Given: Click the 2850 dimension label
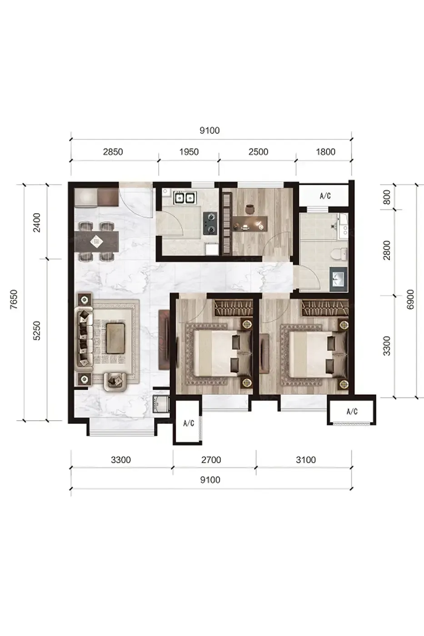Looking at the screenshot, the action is pos(113,152).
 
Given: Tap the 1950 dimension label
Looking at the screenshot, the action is pos(189,152).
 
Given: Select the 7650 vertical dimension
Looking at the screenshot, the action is pos(14,299).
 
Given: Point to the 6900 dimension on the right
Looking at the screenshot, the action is pos(410,299).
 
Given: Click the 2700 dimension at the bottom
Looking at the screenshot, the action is pos(211,460).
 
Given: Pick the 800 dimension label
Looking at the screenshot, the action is pos(387,197).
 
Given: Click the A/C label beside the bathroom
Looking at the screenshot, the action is pos(325,196).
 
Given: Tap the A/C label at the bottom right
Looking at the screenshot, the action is pos(352,412).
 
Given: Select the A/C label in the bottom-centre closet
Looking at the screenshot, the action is pos(189,423).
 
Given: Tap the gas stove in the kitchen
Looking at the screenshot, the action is pos(210,224).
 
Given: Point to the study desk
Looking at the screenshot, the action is pos(250,223).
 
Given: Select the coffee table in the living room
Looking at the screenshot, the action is pos(115,338).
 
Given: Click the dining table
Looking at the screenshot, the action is pos(96,242).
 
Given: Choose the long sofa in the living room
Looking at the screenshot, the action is pos(84,338).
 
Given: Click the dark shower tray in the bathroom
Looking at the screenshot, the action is pos(339,279).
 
